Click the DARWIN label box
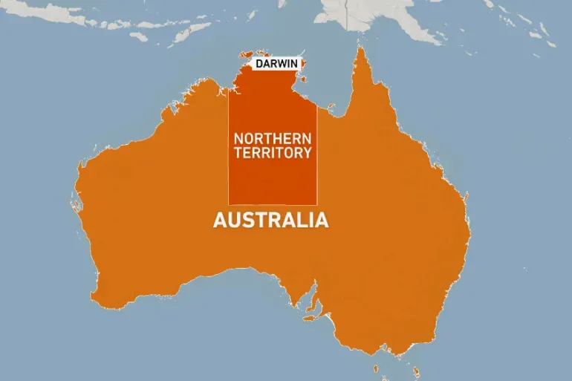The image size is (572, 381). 277,64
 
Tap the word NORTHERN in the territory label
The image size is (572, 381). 272,138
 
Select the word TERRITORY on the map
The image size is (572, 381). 272,153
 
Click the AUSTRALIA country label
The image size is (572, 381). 270,221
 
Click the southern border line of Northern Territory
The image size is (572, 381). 272,204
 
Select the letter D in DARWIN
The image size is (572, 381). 259,64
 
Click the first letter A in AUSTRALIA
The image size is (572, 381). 219,221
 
